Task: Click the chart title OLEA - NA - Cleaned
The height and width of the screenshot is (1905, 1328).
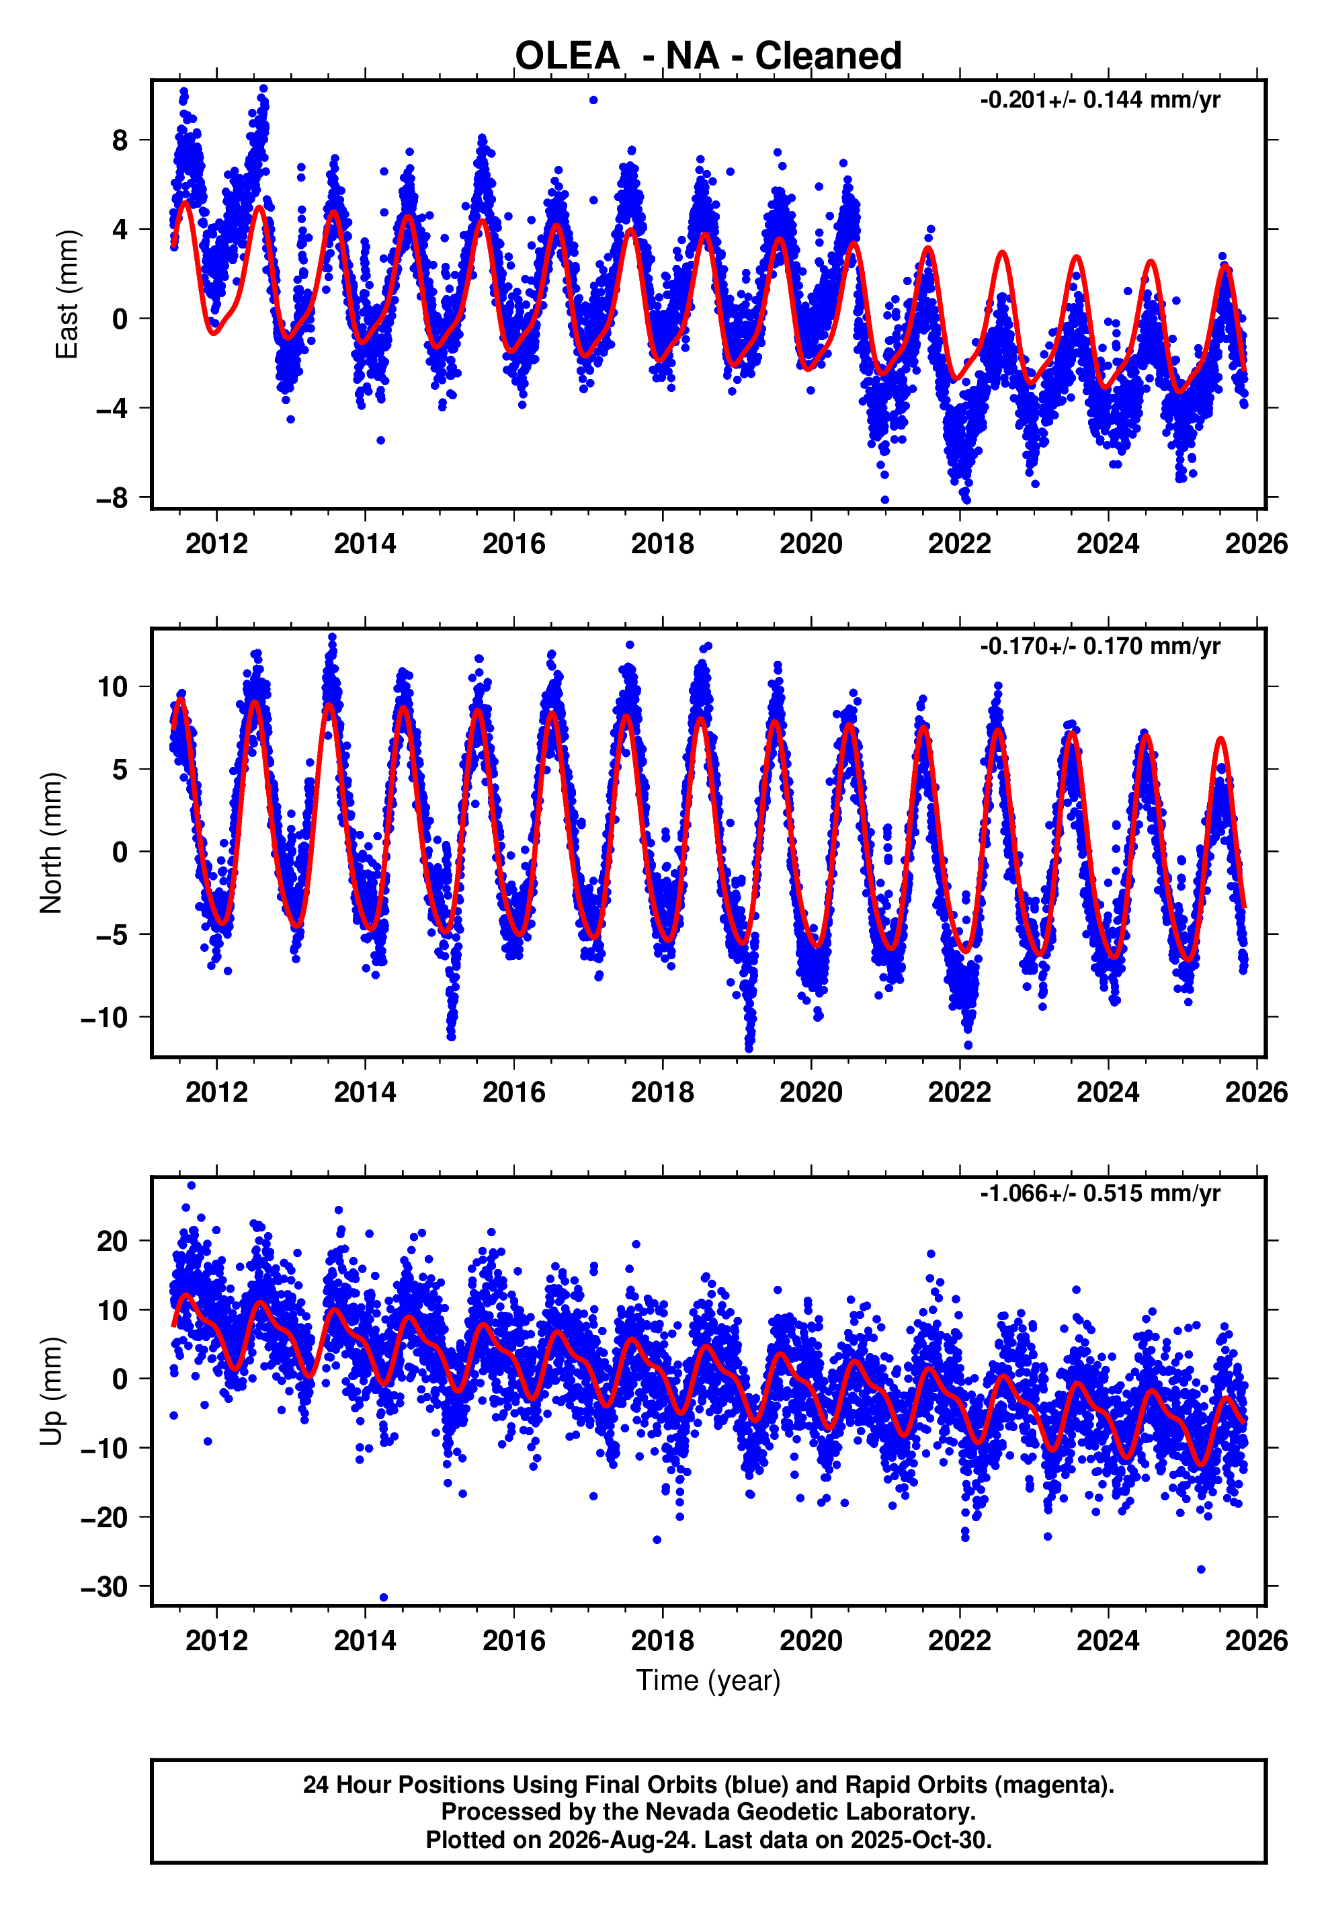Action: [x=708, y=56]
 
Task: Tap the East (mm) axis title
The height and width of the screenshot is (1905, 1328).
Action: [x=67, y=294]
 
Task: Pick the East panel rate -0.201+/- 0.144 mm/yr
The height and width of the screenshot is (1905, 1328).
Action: [x=1100, y=100]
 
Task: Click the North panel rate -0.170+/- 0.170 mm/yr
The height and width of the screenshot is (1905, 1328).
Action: [x=1100, y=647]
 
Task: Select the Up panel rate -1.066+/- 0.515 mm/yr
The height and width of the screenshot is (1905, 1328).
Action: [x=1100, y=1193]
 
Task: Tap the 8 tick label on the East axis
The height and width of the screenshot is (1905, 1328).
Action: [x=120, y=140]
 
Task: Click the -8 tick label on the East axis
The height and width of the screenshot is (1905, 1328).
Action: [x=112, y=498]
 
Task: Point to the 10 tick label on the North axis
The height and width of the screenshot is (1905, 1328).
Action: [x=113, y=686]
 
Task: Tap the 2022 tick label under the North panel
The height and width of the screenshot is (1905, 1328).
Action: [x=959, y=1092]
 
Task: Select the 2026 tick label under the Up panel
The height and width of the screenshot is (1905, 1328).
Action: [x=1256, y=1640]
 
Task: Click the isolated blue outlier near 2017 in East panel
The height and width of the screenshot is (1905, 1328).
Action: [x=593, y=100]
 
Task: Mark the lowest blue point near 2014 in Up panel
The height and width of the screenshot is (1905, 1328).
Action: [x=383, y=1597]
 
